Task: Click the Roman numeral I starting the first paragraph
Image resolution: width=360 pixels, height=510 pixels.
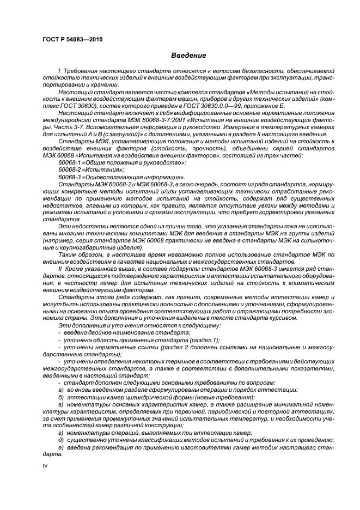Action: click(x=59, y=71)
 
